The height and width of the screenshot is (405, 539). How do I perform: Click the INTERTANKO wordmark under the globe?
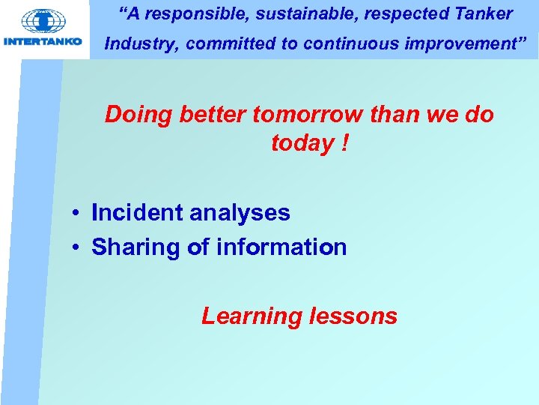[x=43, y=41]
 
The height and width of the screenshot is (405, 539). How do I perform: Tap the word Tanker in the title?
[x=484, y=13]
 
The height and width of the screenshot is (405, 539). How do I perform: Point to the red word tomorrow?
[x=309, y=115]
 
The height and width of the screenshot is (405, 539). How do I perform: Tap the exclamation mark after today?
[x=344, y=142]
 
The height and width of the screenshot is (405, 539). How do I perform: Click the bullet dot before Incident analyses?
[x=76, y=214]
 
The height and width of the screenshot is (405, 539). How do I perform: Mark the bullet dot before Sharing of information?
[x=76, y=248]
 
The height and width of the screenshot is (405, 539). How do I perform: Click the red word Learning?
[x=251, y=316]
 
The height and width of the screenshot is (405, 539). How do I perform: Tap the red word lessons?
[x=353, y=316]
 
